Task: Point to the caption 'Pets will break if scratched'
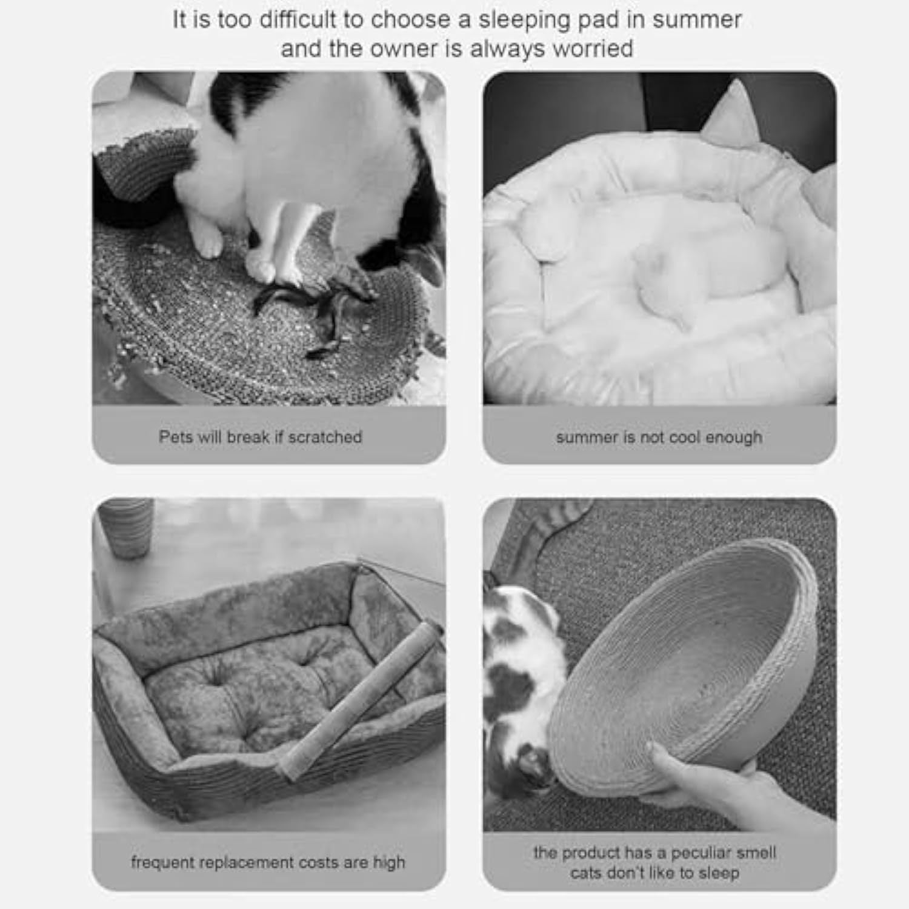point(261,437)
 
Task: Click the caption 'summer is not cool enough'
point(659,438)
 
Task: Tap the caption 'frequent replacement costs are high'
point(268,862)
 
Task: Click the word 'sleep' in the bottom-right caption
point(719,873)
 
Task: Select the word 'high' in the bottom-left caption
point(389,862)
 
